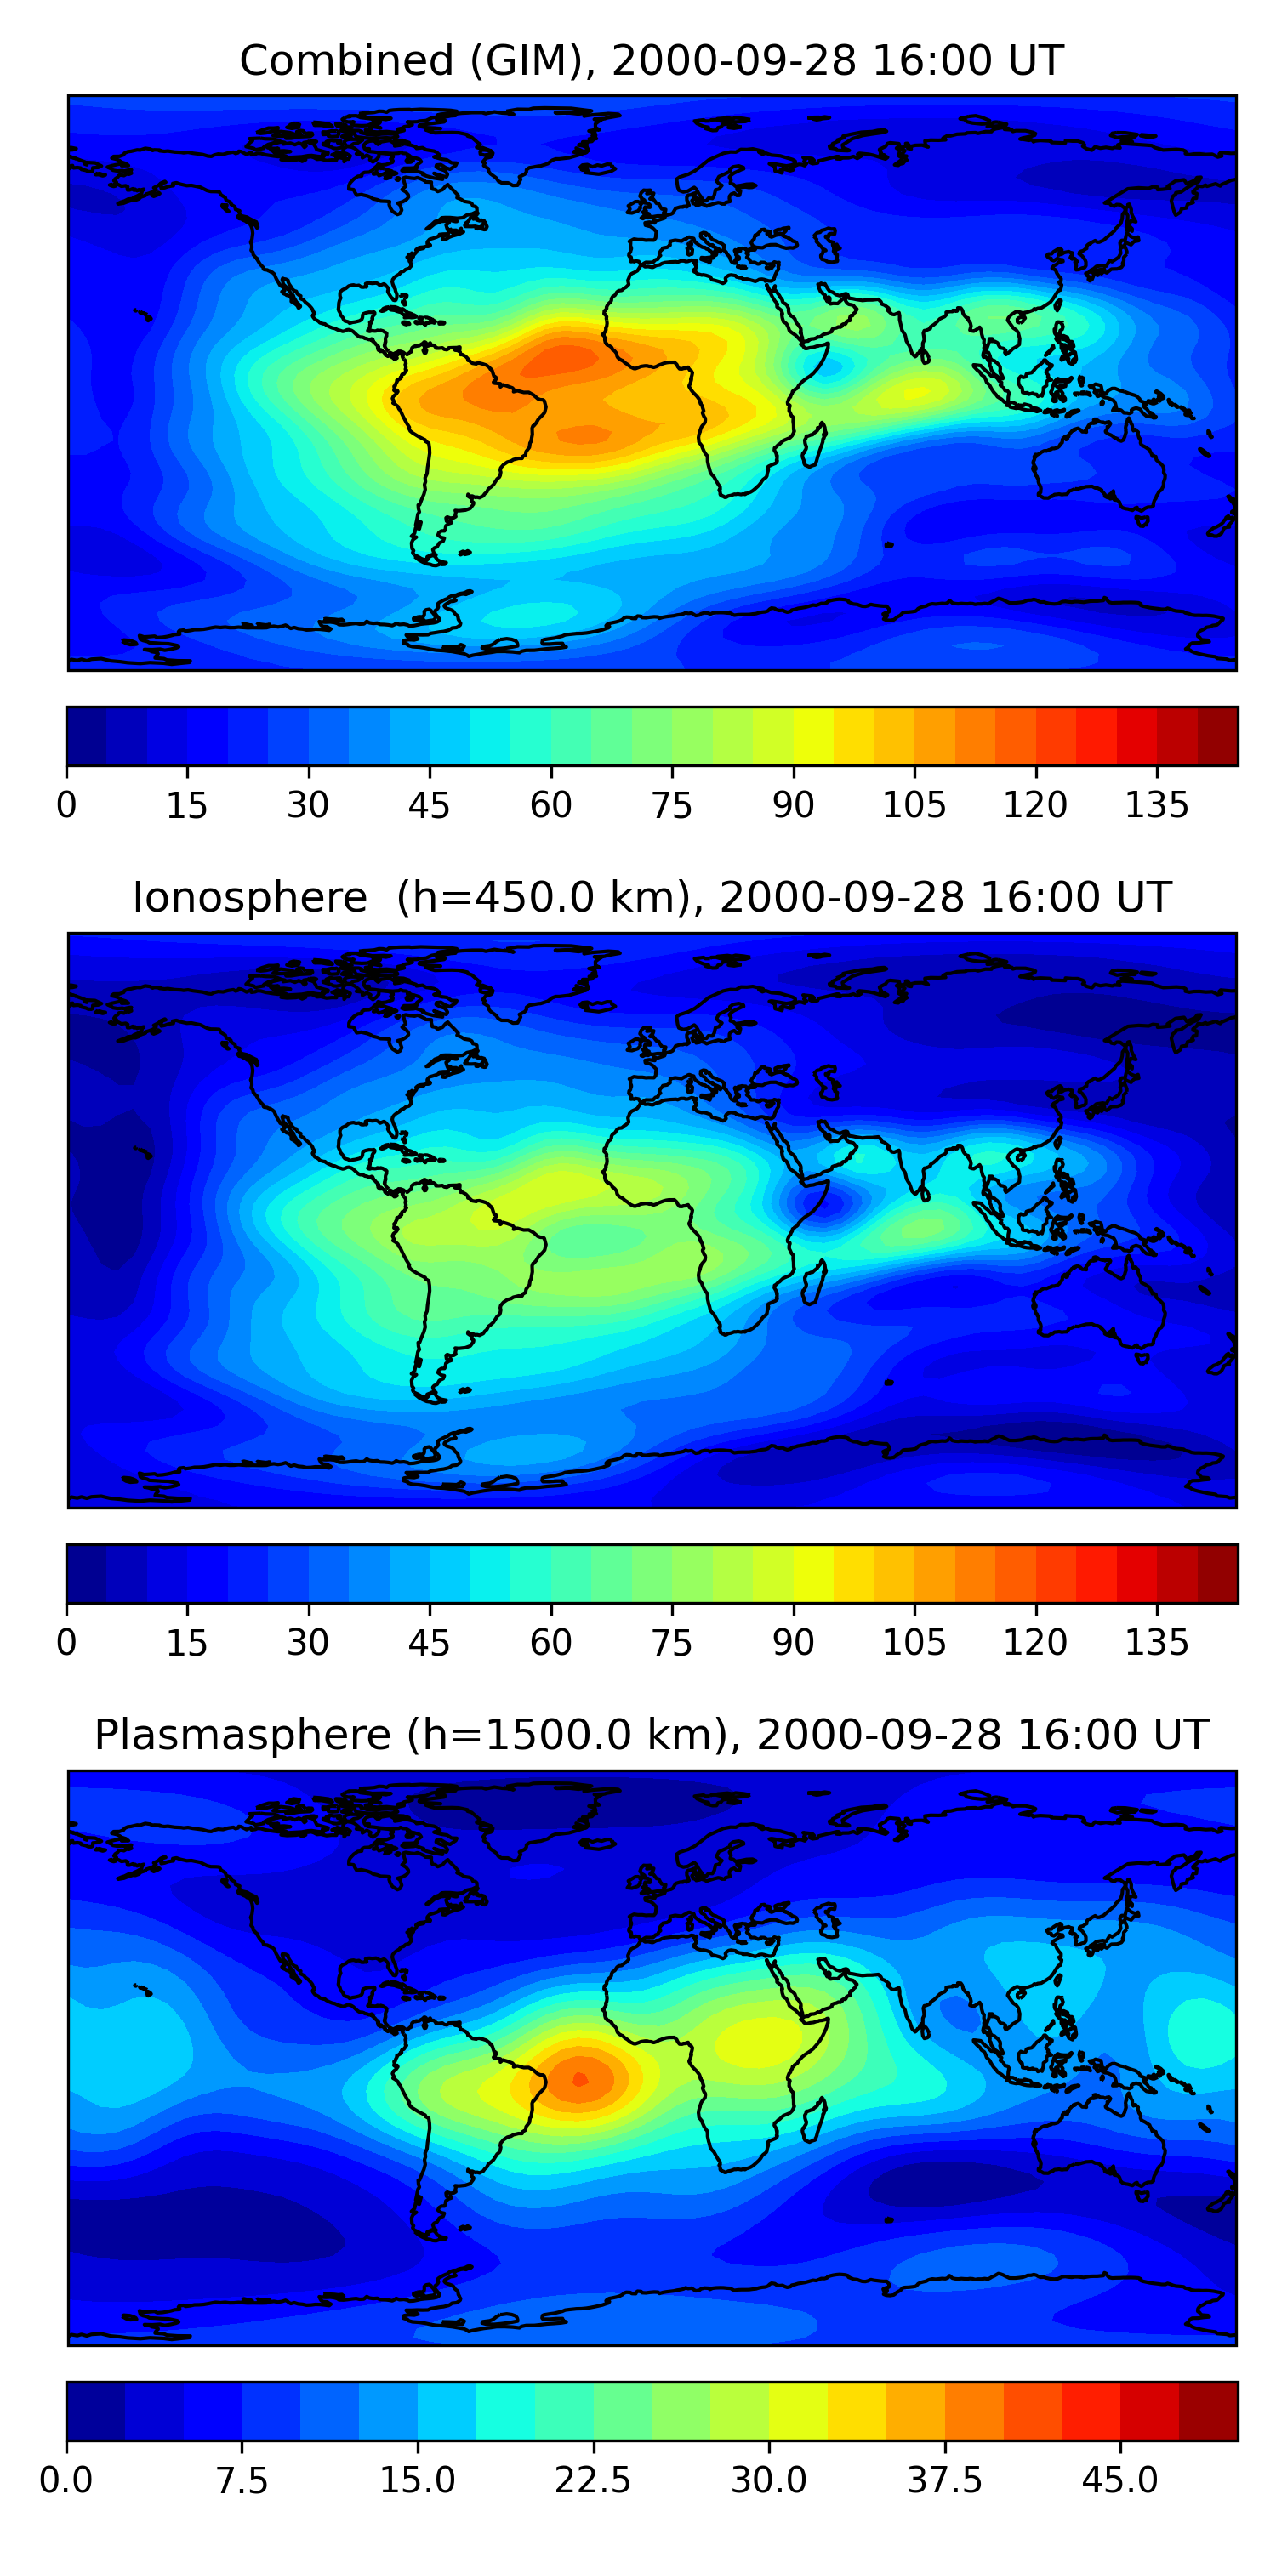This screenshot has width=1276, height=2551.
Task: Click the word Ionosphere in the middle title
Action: (249, 898)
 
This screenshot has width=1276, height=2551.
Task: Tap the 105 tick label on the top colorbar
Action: (914, 805)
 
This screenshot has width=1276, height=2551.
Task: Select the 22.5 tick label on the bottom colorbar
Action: (592, 2480)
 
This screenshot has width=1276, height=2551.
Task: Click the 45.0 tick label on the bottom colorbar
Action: (1119, 2480)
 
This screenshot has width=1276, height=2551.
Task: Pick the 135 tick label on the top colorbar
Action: (1156, 805)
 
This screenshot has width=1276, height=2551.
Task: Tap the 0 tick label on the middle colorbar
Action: (66, 1642)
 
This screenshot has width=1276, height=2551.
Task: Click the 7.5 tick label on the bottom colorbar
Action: (242, 2480)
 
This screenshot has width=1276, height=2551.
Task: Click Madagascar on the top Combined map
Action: (813, 445)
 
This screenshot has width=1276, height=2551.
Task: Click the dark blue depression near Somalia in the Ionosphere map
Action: (824, 1202)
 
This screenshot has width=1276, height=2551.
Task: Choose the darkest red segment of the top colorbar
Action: (1217, 736)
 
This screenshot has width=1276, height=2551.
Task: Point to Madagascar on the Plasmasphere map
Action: (813, 2119)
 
